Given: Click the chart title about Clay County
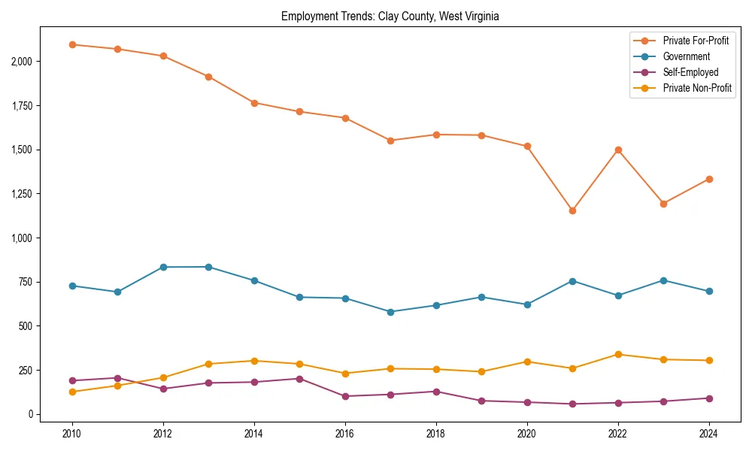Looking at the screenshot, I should coord(390,16).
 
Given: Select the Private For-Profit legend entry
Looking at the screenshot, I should coord(696,41).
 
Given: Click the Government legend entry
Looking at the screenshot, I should coord(686,56).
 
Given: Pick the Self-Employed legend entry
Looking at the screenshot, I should coord(690,72).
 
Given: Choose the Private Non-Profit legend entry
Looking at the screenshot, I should coord(697,88).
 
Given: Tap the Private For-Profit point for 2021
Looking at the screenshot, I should coord(572,210).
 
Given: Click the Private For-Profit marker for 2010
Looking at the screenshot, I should coord(72,44).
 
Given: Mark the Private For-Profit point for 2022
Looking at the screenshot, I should coord(618,150).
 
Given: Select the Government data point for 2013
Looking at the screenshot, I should coord(208,267).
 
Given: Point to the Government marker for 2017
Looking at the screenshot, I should coord(390,312).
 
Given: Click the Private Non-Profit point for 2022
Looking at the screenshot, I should coord(618,354).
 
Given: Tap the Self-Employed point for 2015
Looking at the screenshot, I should coord(299,379).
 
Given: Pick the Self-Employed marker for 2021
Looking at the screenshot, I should coord(572,404).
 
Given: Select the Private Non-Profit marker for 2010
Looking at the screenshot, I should coord(72,392).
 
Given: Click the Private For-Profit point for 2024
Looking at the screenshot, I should coord(709,179).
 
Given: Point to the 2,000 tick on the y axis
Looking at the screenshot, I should coord(21,61).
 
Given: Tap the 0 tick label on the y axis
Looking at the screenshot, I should coord(30,414).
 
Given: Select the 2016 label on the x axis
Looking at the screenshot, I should coord(345,434).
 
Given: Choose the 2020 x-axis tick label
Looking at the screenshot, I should coord(527,434).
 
